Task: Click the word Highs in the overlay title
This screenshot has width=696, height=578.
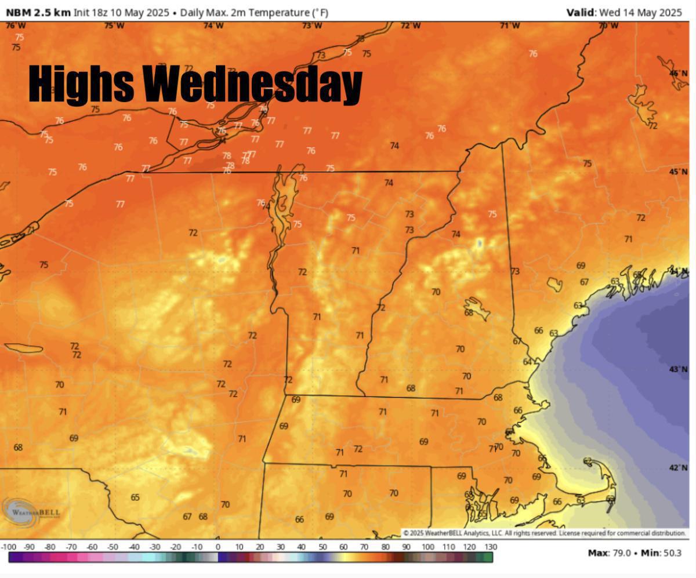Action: (81, 83)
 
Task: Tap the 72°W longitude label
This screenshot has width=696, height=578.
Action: (411, 26)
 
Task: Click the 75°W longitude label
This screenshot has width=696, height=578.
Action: (114, 26)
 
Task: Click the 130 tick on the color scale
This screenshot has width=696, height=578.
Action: (490, 547)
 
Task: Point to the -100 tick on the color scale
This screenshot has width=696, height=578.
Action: (9, 547)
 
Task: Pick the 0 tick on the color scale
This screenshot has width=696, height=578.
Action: (218, 547)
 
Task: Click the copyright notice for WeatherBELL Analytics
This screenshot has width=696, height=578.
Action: (544, 533)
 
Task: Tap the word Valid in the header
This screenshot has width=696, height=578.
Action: (581, 12)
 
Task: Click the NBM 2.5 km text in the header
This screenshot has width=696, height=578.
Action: (38, 12)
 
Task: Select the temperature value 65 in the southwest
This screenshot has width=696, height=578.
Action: (135, 497)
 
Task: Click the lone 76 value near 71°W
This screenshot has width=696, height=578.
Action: (533, 54)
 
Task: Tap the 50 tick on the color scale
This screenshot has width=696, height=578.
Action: (322, 547)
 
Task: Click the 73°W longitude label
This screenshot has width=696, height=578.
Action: (312, 26)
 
